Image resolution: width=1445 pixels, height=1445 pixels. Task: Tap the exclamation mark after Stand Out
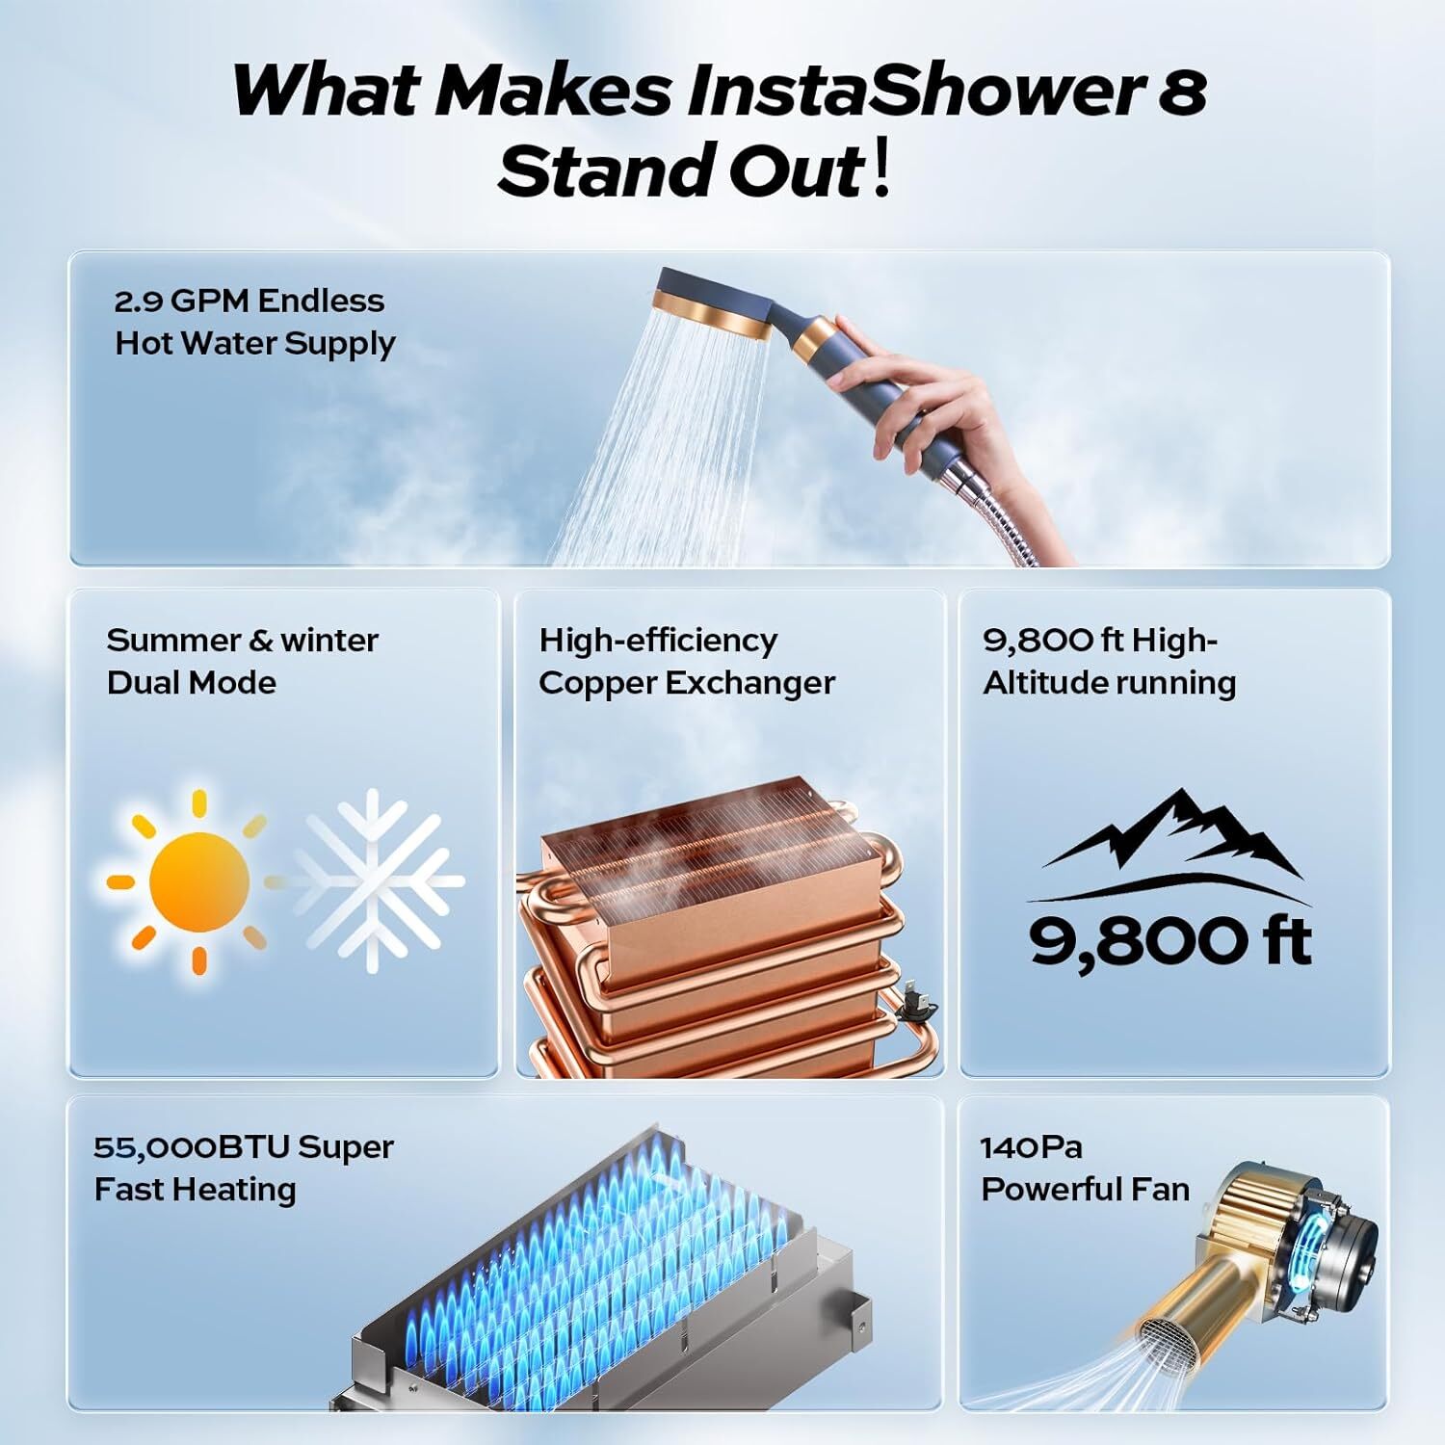point(880,171)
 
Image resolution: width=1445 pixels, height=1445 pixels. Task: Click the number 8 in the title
point(1180,92)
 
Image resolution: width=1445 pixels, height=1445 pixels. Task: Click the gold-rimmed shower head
point(713,306)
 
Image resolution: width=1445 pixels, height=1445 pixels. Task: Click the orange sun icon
point(199,880)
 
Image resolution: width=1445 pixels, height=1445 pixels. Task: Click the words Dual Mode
point(192,683)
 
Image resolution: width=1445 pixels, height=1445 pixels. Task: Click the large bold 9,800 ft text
point(1170,941)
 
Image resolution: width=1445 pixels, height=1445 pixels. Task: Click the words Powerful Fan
point(1085,1190)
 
